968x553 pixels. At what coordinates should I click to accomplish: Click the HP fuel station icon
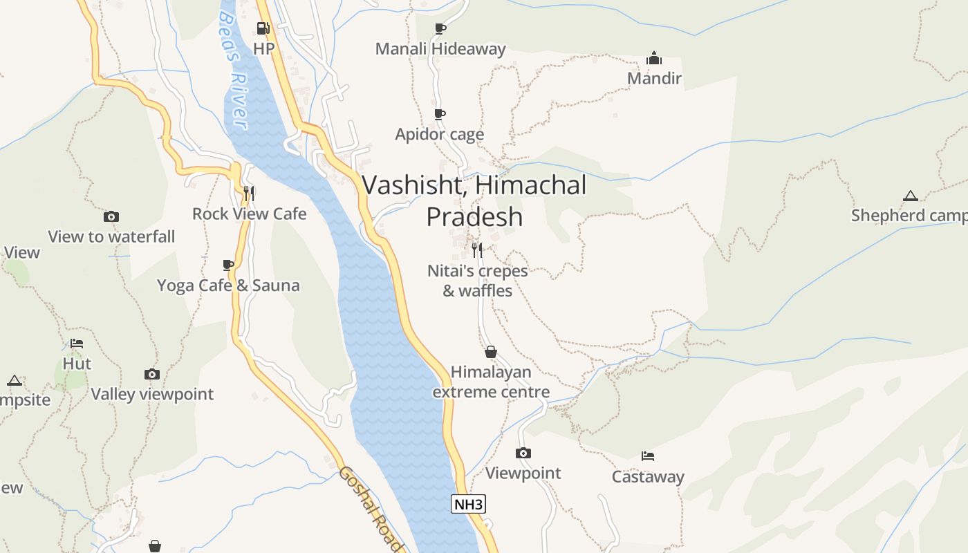263,28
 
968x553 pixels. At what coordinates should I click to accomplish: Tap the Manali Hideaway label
440,49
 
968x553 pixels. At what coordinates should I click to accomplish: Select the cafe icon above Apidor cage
439,114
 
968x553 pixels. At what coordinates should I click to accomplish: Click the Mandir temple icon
653,58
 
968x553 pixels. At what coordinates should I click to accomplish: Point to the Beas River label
234,69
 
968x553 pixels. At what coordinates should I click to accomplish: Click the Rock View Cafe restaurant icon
249,193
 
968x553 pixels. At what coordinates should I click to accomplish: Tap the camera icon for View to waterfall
111,217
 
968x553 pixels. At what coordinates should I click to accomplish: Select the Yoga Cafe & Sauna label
228,285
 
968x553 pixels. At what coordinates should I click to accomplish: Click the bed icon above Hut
77,344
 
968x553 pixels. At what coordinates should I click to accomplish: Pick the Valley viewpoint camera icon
152,375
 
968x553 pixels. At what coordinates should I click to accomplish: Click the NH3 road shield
468,505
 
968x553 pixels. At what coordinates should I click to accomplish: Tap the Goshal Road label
370,509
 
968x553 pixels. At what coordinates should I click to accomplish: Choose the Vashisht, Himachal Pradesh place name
474,200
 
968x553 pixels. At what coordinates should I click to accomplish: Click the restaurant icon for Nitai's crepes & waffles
476,250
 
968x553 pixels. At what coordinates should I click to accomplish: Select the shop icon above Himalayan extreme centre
491,353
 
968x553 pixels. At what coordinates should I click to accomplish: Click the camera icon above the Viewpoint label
523,453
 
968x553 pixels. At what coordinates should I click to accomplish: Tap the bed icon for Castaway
647,456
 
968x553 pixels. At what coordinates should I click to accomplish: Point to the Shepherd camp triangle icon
910,196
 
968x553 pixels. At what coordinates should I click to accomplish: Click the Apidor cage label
439,134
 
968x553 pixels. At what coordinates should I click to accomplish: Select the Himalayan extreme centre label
491,382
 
